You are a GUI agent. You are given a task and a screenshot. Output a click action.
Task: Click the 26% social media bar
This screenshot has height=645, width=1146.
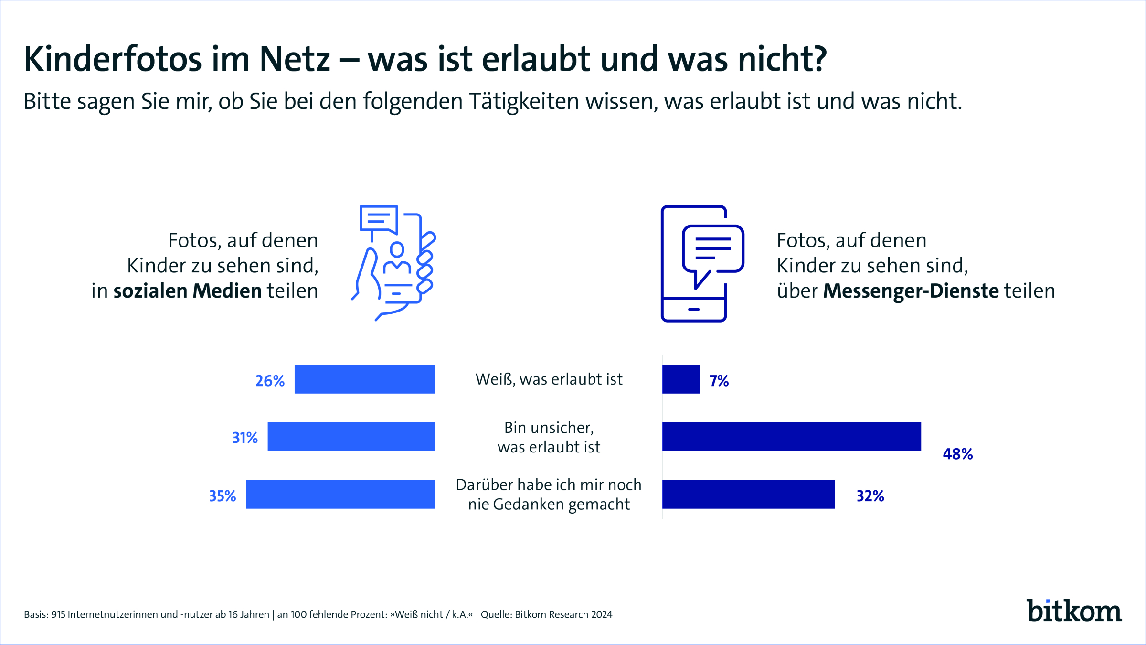[364, 379]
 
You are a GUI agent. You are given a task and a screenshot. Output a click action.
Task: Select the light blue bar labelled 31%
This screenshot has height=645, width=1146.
[351, 436]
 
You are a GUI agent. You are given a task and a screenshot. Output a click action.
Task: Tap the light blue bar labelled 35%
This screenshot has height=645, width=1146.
[340, 494]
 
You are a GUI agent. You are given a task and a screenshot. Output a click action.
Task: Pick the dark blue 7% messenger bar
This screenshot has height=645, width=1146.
[681, 379]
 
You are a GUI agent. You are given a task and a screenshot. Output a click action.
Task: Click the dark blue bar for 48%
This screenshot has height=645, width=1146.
[791, 436]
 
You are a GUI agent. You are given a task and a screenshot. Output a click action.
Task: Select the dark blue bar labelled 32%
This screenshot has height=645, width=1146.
[748, 494]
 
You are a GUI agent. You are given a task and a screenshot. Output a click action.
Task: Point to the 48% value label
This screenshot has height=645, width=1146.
[957, 454]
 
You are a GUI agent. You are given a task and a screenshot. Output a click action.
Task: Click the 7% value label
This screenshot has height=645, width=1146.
[719, 381]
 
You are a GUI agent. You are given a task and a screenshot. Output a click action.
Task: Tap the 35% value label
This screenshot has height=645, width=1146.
[223, 496]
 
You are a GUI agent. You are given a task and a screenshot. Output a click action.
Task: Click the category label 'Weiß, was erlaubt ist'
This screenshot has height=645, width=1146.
[549, 379]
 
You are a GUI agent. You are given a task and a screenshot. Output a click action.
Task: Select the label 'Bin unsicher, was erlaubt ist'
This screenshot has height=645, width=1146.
[549, 437]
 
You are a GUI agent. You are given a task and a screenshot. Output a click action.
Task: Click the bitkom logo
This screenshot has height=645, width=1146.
[1074, 611]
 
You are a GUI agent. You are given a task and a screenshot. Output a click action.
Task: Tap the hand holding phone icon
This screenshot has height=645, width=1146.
[394, 263]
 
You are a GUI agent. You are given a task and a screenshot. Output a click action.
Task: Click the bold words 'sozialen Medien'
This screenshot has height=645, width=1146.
[187, 291]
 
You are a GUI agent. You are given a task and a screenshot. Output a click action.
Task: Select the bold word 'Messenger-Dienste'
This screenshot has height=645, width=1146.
[911, 291]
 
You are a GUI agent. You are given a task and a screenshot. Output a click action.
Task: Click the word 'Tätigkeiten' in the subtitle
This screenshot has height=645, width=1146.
[523, 102]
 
